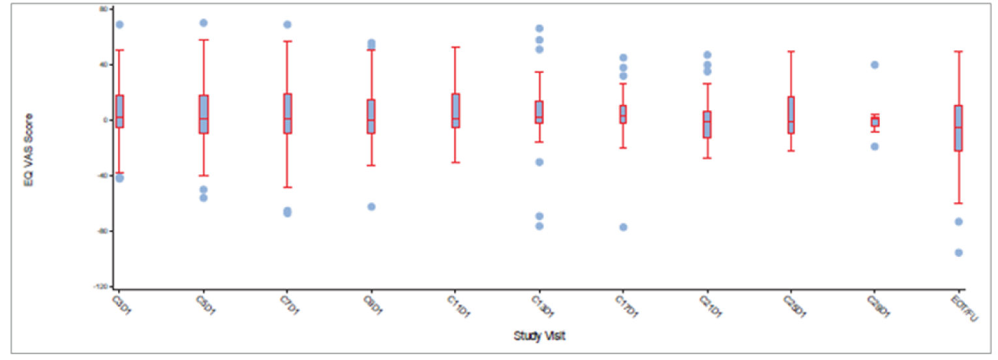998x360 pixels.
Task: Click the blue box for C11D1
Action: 455,110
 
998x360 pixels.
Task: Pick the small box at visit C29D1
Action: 875,121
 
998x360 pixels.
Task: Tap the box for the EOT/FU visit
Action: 958,128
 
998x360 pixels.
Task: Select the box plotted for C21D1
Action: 707,124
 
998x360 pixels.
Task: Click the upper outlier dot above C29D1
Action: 875,65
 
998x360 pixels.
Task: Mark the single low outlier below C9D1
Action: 371,207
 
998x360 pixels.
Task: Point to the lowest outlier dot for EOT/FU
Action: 959,252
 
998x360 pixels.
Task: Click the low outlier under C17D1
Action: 623,227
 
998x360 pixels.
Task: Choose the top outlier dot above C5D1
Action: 204,23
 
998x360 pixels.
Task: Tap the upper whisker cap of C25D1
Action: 791,51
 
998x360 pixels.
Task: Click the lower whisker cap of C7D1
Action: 287,187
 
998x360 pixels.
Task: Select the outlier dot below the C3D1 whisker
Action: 119,178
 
